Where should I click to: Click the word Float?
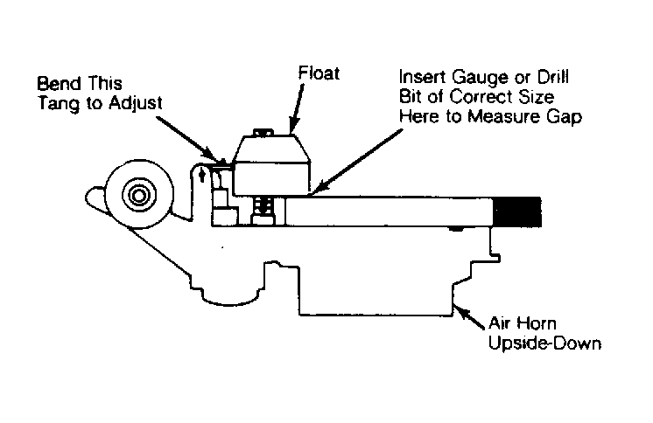[319, 73]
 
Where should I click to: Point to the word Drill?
[552, 78]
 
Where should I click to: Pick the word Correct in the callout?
[481, 97]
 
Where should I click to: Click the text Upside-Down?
[544, 343]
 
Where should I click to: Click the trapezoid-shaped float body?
[271, 164]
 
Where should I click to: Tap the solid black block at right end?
[516, 212]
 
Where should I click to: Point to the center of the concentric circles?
[138, 194]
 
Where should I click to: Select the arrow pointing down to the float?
[296, 109]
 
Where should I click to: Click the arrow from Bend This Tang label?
[187, 140]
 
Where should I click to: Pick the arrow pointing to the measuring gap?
[357, 163]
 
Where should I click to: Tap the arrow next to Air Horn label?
[469, 317]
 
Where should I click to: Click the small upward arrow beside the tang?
[202, 174]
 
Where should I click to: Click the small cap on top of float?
[263, 132]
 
